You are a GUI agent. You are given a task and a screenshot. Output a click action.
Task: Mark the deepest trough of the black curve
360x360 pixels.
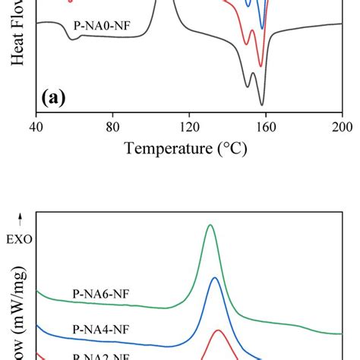pyautogui.click(x=262, y=105)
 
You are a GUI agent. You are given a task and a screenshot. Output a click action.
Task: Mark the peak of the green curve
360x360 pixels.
pyautogui.click(x=210, y=226)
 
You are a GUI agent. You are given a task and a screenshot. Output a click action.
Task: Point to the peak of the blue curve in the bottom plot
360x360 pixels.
pyautogui.click(x=215, y=279)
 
